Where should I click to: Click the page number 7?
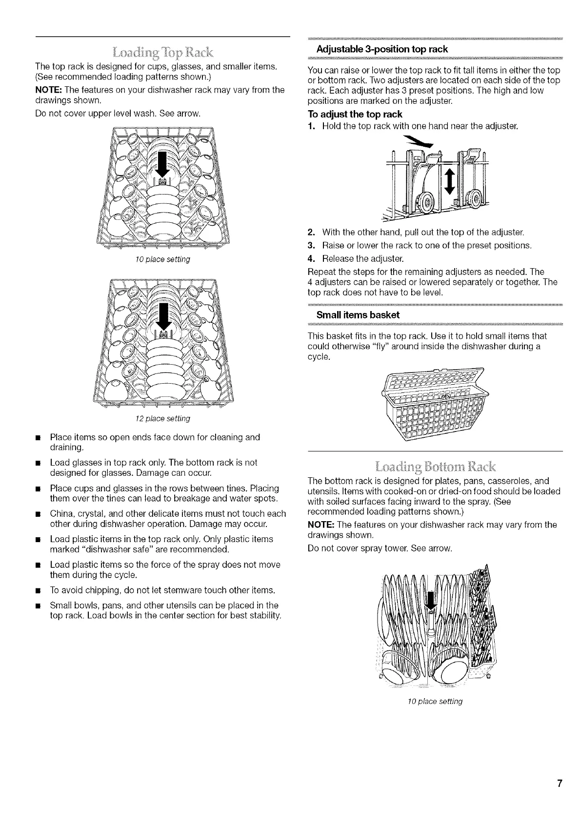[560, 784]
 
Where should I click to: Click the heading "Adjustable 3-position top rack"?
[382, 49]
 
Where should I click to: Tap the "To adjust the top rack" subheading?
[355, 114]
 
